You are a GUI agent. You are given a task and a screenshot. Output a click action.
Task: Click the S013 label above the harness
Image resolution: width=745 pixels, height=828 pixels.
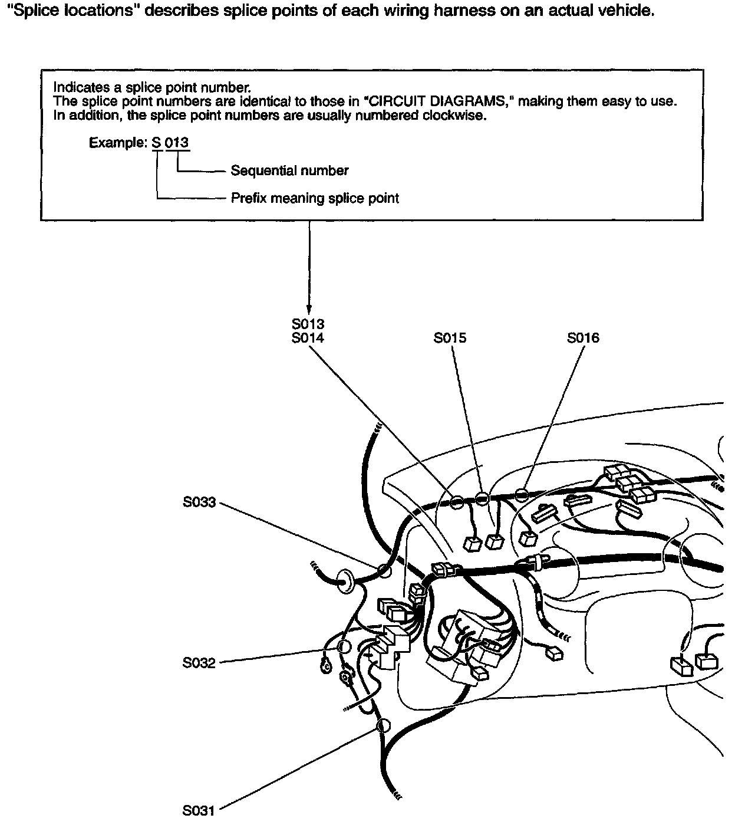click(x=308, y=324)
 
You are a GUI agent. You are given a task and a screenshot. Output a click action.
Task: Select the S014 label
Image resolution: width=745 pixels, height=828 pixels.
click(x=308, y=338)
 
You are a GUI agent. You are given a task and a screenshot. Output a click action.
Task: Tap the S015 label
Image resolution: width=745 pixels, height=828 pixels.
click(x=450, y=338)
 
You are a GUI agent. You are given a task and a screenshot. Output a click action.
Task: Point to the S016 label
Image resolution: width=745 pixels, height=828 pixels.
click(x=583, y=338)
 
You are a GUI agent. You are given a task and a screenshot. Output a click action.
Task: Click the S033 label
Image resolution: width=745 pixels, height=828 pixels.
click(x=199, y=502)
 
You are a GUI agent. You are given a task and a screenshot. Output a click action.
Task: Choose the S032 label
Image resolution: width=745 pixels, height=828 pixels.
click(x=199, y=663)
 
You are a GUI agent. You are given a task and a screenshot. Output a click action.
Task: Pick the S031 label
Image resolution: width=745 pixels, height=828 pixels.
click(x=199, y=811)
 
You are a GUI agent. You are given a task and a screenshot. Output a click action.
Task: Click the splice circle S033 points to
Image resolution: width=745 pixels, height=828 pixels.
click(x=384, y=570)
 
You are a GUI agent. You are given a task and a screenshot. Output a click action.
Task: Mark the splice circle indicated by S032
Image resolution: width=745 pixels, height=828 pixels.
click(x=344, y=647)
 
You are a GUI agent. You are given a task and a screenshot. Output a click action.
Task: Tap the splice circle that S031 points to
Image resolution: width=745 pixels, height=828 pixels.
click(x=383, y=725)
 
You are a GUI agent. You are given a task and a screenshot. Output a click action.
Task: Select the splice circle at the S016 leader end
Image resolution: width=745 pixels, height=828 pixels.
click(x=521, y=495)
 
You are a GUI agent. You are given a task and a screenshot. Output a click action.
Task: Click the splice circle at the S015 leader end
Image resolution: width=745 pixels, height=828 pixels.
click(x=482, y=499)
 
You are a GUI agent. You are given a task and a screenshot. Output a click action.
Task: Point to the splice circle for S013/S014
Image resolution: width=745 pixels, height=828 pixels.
click(x=457, y=503)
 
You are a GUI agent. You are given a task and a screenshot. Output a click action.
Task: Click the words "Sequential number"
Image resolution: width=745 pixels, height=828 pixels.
click(x=289, y=171)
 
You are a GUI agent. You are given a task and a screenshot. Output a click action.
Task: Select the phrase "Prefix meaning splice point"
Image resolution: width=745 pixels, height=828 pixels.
click(x=315, y=198)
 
